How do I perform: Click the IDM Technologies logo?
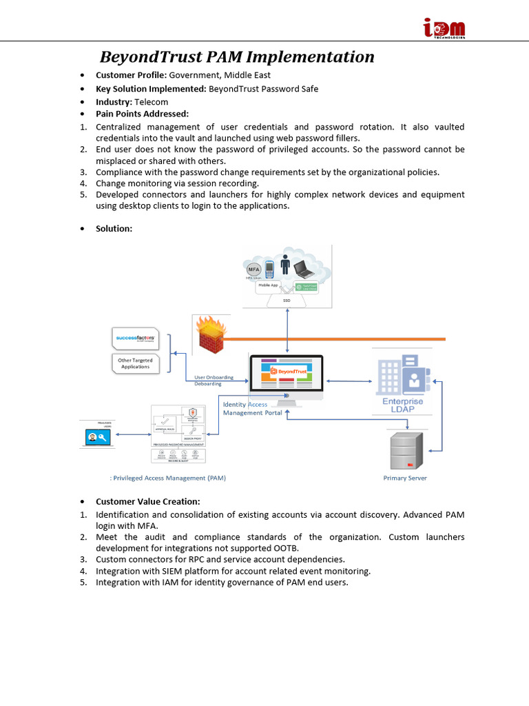444,28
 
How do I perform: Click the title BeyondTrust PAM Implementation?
237,57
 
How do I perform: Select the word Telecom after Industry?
152,102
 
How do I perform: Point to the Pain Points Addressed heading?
142,114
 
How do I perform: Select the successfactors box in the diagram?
135,339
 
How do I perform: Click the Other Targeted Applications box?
135,363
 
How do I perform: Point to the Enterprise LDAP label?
403,405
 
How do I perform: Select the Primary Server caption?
405,478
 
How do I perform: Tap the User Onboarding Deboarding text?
214,381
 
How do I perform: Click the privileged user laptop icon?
96,436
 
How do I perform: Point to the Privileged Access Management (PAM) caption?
167,478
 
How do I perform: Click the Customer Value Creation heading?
147,501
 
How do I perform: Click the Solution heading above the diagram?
114,228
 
